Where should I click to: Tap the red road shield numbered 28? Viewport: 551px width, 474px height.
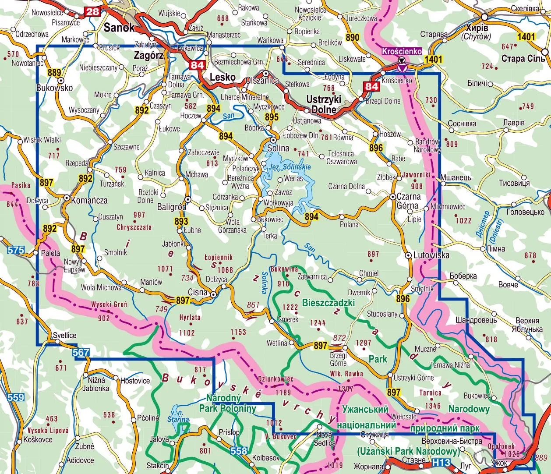point(93,11)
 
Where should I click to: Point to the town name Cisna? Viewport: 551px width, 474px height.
point(198,292)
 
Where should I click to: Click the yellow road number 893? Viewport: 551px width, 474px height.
point(181,221)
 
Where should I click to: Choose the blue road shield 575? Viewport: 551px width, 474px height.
point(15,251)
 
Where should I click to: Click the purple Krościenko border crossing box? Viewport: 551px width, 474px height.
point(402,51)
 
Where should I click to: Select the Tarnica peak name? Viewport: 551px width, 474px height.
point(430,393)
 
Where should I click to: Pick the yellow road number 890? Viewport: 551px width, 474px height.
point(352,38)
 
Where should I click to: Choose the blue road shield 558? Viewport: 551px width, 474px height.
point(239,450)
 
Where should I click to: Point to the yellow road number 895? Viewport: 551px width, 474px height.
point(272,117)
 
